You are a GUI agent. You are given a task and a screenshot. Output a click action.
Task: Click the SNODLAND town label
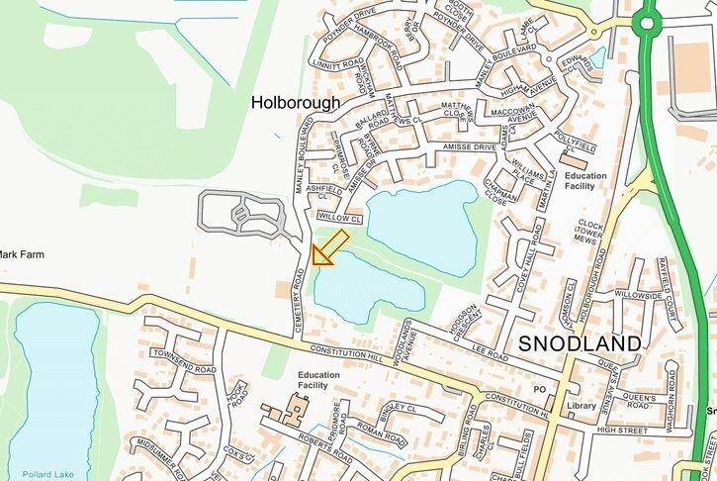click(580, 343)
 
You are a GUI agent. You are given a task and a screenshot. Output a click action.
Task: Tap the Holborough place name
click(295, 102)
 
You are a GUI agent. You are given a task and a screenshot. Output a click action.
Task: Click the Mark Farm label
click(21, 254)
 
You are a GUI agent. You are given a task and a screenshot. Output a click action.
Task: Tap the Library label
click(583, 406)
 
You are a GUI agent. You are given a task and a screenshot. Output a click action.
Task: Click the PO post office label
click(539, 389)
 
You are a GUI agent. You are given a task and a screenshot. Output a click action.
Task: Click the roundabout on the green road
click(649, 21)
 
